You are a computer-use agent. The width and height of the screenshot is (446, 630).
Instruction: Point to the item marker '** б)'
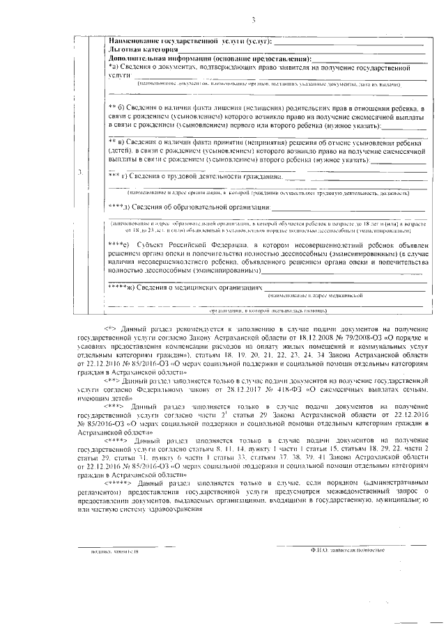(x=117, y=108)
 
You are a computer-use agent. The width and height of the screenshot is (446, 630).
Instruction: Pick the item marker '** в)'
(x=117, y=141)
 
